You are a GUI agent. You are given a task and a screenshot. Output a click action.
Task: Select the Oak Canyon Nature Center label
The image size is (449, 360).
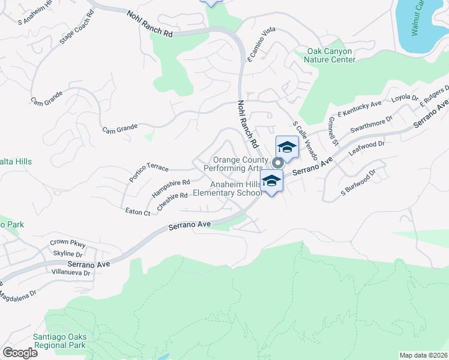[329, 55]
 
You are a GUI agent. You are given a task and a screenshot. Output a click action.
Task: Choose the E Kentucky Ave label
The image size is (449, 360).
[360, 108]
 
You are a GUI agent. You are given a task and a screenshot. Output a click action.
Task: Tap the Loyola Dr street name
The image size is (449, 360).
[405, 98]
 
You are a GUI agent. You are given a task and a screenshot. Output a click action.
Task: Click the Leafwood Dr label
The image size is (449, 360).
[366, 149]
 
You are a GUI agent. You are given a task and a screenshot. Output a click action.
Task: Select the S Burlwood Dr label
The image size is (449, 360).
[358, 182]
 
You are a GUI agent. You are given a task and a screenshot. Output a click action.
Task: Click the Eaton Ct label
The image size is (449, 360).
[137, 212]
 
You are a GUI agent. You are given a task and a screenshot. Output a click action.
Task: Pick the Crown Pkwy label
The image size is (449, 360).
[68, 243]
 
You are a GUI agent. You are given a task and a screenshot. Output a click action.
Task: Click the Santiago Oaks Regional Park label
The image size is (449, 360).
[60, 341]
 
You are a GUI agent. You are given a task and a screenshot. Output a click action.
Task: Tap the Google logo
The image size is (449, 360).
[20, 353]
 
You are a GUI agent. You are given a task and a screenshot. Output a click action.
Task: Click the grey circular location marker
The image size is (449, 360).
[277, 163]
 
